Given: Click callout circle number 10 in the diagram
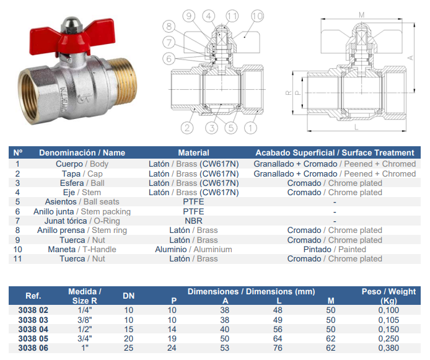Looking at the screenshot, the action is tap(257, 16).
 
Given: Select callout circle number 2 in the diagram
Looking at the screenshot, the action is tap(187, 128).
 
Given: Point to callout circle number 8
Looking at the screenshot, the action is tap(169, 27).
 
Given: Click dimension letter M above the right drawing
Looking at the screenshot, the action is tap(362, 15).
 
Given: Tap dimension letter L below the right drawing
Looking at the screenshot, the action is tap(356, 126).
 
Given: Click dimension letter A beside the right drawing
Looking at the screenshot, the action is tap(411, 58).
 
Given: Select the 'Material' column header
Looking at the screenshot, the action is tap(193, 152).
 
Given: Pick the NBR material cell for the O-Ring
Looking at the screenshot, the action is tap(193, 221).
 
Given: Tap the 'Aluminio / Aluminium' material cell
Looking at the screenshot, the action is tap(193, 249).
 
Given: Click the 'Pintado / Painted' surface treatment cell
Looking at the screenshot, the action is tap(335, 249).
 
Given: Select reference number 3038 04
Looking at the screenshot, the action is tap(33, 329).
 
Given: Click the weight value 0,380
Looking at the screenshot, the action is tap(388, 348).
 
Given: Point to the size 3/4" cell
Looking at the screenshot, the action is tap(85, 338).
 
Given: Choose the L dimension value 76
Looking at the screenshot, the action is tap(278, 348).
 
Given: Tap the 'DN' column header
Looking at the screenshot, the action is tap(129, 296).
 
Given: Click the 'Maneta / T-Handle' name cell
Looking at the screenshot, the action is tap(82, 249).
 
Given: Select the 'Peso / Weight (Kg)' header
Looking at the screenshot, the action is tap(388, 296).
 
